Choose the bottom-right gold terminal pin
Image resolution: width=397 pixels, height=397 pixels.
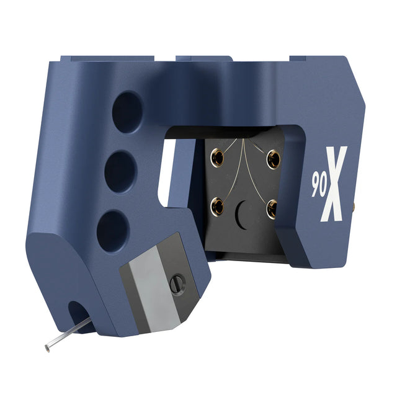(x=272, y=209)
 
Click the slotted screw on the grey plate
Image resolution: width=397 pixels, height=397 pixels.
(x=177, y=284)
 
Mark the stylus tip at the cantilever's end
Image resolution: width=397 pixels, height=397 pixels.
(x=48, y=348)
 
